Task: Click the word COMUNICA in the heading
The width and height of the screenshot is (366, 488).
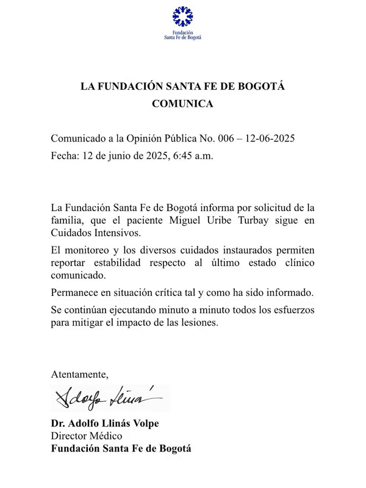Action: tap(182, 104)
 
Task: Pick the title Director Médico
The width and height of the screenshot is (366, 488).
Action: tap(87, 436)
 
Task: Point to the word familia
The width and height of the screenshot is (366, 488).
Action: tap(69, 222)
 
